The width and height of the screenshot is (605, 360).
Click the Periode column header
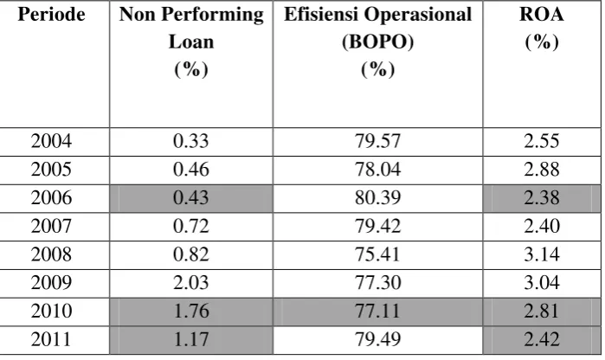coord(51,14)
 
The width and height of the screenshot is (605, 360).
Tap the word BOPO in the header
coord(377,42)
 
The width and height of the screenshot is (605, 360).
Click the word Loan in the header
coord(191,42)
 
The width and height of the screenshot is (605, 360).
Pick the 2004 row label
coord(51,141)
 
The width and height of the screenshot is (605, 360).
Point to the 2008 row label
coord(51,254)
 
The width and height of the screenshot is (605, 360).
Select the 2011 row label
coord(51,339)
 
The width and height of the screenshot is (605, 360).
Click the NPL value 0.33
coord(191,141)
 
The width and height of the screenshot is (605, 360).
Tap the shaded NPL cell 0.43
coord(191,197)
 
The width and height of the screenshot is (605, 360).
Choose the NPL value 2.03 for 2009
coord(191,283)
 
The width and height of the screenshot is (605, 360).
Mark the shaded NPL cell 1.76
coord(191,311)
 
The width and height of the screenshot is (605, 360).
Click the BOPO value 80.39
coord(377,197)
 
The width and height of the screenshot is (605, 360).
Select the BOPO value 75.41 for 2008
coord(377,254)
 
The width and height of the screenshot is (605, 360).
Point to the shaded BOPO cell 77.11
coord(377,311)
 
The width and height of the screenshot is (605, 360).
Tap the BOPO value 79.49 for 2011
coord(377,339)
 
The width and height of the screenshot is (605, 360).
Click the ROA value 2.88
coord(541,170)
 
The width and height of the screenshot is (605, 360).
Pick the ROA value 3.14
coord(541,254)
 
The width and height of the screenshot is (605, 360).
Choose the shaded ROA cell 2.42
coord(541,339)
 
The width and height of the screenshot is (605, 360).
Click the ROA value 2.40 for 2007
coord(541,226)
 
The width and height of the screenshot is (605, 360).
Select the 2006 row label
coord(51,197)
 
